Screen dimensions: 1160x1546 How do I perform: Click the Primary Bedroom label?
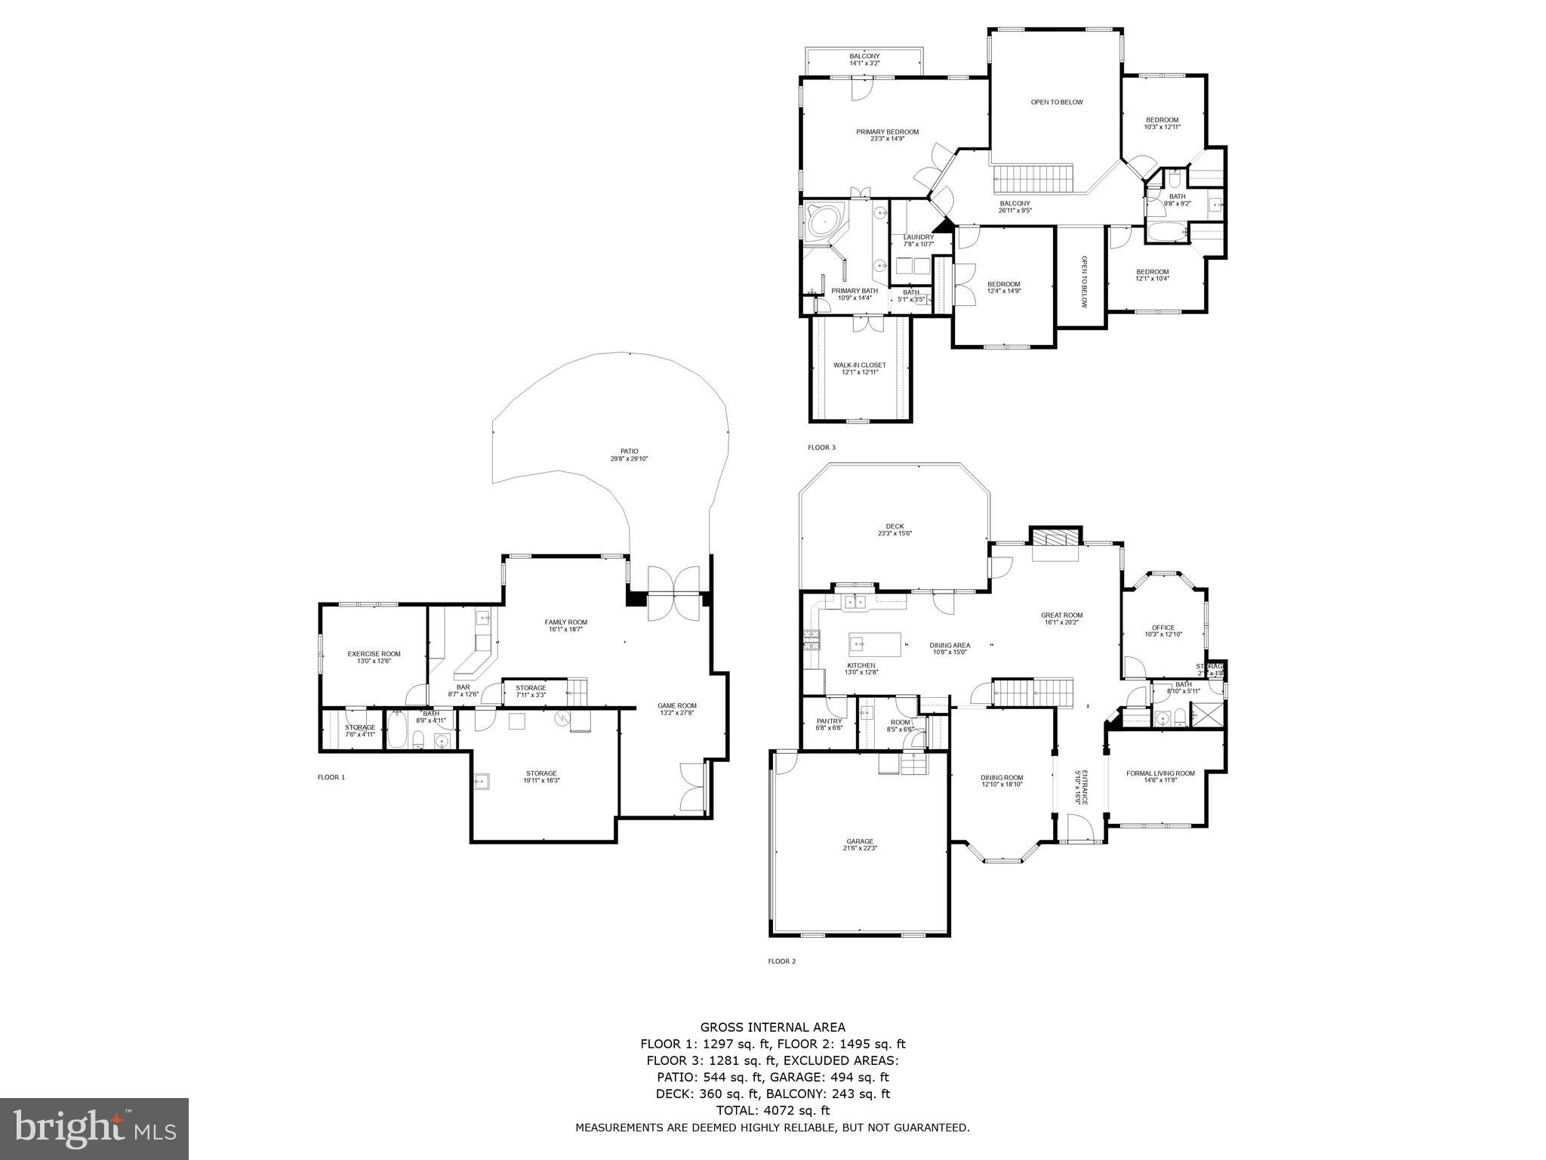(x=887, y=135)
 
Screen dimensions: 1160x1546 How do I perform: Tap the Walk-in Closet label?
(x=859, y=369)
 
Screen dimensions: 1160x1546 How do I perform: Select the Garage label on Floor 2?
(x=859, y=844)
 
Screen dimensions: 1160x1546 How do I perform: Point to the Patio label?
(x=629, y=455)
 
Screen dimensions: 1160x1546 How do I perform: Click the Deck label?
(x=895, y=529)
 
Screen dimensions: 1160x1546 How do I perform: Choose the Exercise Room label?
(x=374, y=657)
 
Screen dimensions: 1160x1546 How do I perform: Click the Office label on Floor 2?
(x=1163, y=631)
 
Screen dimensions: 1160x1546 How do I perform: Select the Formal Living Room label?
(x=1160, y=776)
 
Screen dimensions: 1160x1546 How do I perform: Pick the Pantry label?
(x=829, y=724)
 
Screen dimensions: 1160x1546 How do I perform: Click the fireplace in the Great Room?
(x=1055, y=538)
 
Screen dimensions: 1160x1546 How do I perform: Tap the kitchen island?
(x=875, y=644)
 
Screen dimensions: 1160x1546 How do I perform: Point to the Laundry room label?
(x=918, y=240)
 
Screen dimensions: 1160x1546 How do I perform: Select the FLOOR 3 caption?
(x=821, y=448)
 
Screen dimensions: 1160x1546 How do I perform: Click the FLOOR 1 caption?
(x=331, y=777)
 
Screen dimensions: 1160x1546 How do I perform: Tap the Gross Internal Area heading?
(x=772, y=1027)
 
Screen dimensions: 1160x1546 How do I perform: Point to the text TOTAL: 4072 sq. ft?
(x=772, y=1110)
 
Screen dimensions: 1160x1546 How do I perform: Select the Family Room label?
(x=565, y=625)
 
